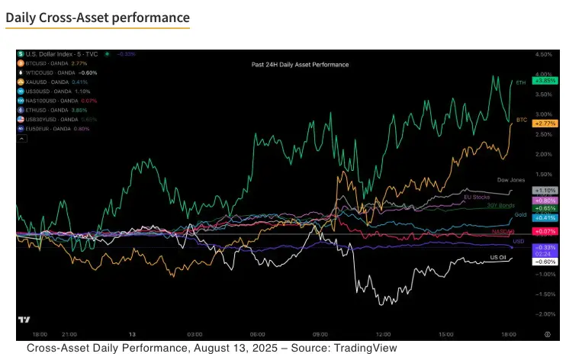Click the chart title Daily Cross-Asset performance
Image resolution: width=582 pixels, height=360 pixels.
pyautogui.click(x=98, y=16)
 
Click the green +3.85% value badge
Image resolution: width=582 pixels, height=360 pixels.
pyautogui.click(x=547, y=80)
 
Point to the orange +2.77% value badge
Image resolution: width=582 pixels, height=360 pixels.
pyautogui.click(x=547, y=123)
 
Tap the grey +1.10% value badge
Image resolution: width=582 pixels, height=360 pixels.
pyautogui.click(x=547, y=190)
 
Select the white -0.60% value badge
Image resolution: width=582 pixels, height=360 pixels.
pyautogui.click(x=547, y=261)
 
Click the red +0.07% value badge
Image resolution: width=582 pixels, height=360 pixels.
pyautogui.click(x=547, y=231)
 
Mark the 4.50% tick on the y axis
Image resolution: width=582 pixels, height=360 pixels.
pyautogui.click(x=544, y=55)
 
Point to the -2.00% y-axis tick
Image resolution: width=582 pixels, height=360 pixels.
pyautogui.click(x=545, y=314)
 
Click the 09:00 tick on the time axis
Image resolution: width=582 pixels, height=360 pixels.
pyautogui.click(x=320, y=334)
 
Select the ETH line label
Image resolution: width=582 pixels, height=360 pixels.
pyautogui.click(x=521, y=82)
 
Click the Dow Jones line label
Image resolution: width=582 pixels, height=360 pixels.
pyautogui.click(x=510, y=180)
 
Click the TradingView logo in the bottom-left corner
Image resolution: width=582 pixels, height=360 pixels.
pyautogui.click(x=24, y=320)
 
